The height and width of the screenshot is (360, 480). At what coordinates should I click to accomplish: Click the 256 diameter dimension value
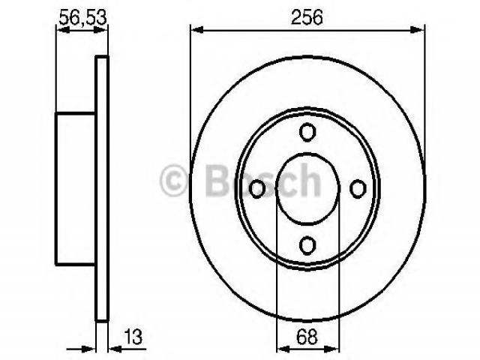tap(307, 17)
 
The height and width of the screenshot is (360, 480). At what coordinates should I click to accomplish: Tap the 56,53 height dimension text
tap(82, 17)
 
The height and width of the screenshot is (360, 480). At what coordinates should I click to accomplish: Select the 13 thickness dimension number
tap(133, 337)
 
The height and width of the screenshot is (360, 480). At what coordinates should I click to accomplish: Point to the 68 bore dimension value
tap(307, 337)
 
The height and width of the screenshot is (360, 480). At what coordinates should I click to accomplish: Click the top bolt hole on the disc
tap(307, 132)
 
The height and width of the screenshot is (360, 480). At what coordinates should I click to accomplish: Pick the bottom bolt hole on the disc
tap(307, 245)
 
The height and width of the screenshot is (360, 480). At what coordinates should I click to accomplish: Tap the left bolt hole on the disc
tap(256, 189)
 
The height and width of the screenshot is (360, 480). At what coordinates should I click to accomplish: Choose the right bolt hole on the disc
tap(358, 189)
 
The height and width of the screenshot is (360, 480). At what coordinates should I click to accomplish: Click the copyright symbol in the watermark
tap(173, 180)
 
